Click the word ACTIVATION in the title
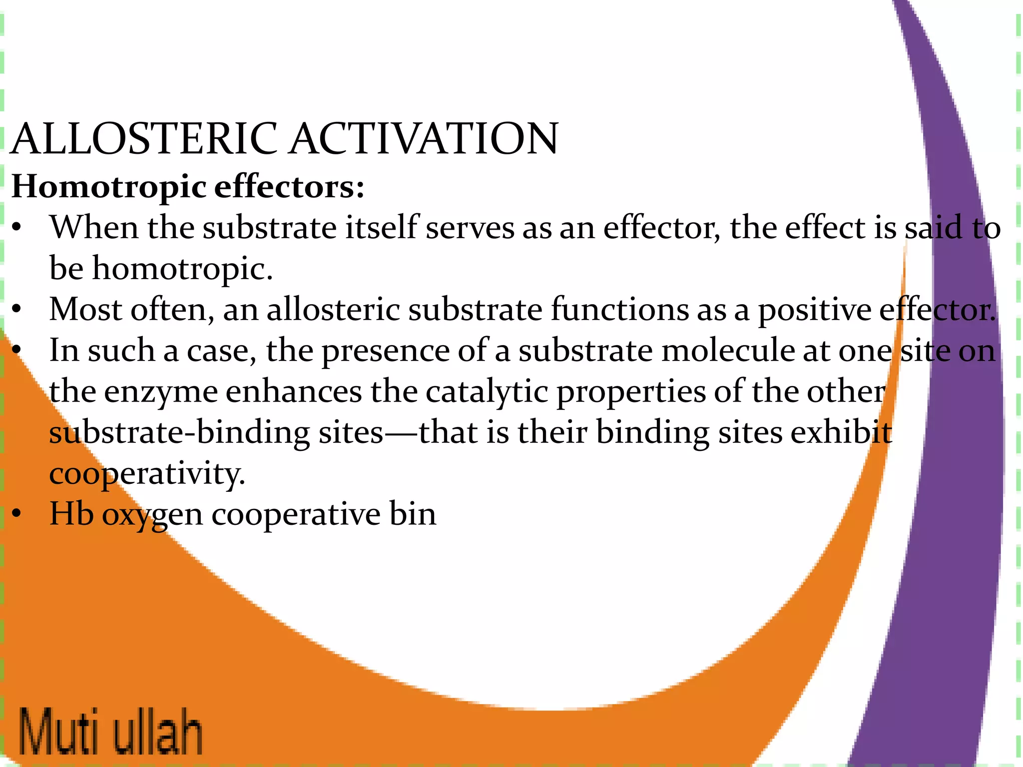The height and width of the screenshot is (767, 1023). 424,139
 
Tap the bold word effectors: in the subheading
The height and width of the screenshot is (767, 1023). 289,187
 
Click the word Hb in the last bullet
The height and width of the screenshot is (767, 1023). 71,514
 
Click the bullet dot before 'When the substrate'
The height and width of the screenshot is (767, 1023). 17,229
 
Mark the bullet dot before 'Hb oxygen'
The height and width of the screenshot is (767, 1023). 17,514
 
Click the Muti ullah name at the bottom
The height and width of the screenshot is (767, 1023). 111,731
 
